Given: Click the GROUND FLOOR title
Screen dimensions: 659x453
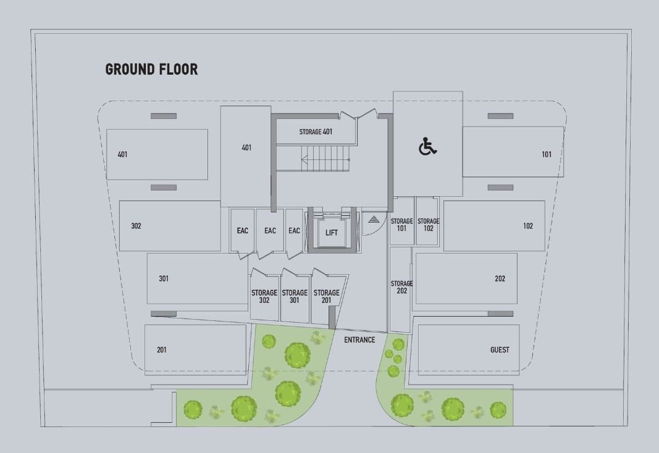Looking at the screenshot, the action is click(151, 69).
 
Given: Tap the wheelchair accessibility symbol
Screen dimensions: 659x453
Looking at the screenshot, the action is click(427, 146).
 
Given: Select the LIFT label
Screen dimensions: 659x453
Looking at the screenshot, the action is click(331, 233).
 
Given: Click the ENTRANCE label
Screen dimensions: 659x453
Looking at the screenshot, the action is click(359, 339).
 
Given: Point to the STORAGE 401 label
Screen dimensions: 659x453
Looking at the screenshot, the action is click(316, 132).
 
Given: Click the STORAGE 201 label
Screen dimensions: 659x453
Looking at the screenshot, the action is click(326, 296).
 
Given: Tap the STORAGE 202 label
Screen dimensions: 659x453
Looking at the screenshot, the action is click(401, 287).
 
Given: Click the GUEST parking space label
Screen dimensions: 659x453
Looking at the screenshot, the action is click(500, 350).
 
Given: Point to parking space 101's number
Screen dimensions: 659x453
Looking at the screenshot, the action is click(547, 154).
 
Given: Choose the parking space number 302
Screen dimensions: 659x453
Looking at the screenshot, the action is click(136, 226).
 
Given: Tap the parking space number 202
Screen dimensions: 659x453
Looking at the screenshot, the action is click(500, 278).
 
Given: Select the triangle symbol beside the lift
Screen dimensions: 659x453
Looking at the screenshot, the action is click(374, 219).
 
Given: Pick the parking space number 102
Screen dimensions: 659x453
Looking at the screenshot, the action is click(528, 226).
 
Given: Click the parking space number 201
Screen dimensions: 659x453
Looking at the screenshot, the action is click(161, 350).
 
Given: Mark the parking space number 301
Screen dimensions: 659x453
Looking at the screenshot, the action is click(164, 278).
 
